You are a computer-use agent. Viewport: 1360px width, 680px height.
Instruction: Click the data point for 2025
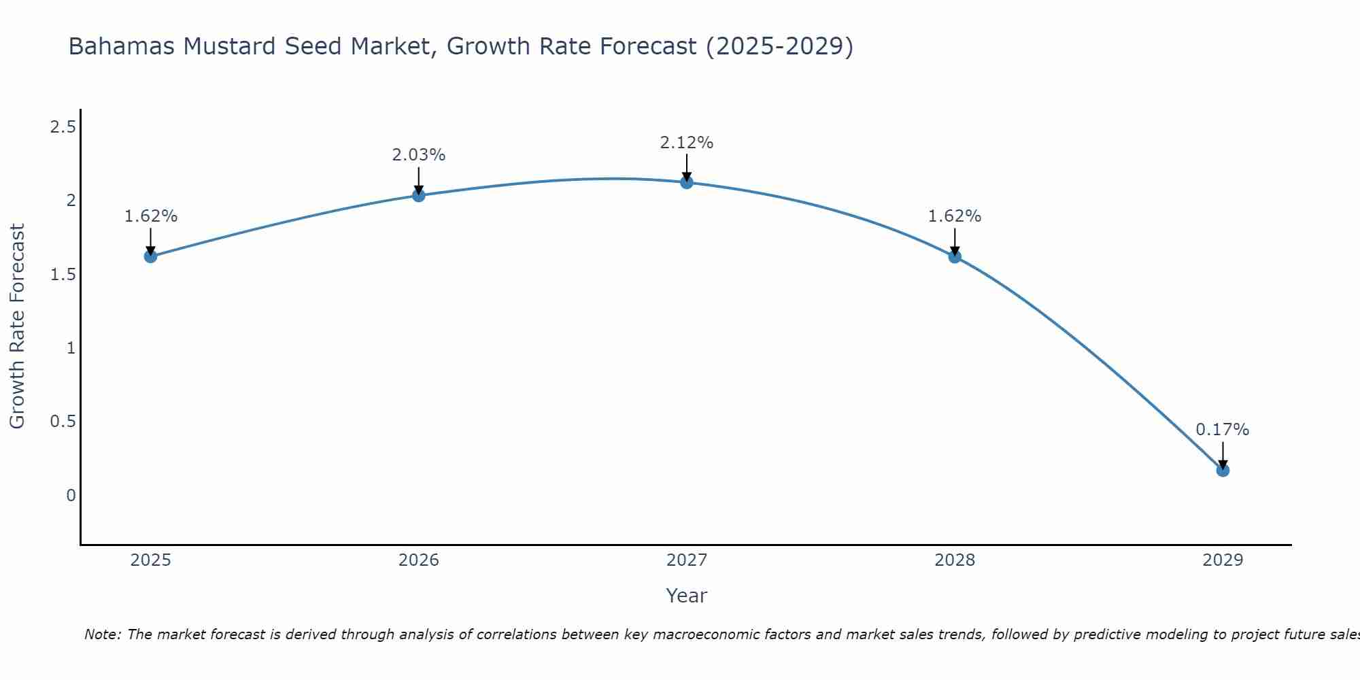click(150, 256)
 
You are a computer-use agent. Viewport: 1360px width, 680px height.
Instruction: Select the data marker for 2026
click(419, 196)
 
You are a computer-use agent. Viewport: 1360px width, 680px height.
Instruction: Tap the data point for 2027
click(687, 182)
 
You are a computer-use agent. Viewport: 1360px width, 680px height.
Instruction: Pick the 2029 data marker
click(1223, 470)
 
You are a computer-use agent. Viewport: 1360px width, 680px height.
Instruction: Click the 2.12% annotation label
click(687, 143)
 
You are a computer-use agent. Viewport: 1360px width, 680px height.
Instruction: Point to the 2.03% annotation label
click(419, 155)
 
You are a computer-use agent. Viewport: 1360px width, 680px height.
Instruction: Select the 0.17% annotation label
click(1223, 430)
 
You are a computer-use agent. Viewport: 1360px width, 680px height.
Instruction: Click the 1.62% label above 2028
click(955, 216)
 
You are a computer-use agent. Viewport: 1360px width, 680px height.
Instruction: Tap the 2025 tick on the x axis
click(150, 560)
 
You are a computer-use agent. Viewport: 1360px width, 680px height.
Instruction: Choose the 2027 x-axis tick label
click(687, 560)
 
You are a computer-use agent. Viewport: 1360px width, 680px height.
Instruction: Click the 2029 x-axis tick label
click(1223, 560)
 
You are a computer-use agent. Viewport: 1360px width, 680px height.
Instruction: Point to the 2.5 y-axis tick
click(63, 127)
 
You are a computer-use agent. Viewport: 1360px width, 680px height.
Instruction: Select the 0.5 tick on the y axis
click(63, 422)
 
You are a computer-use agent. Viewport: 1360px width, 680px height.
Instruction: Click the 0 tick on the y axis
click(71, 495)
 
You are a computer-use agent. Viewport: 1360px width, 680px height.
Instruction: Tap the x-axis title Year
click(687, 596)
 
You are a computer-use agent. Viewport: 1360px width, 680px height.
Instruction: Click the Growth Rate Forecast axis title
click(18, 326)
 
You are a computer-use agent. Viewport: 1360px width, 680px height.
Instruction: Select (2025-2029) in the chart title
click(779, 47)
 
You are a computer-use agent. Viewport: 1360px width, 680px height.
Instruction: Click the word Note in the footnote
click(102, 634)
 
